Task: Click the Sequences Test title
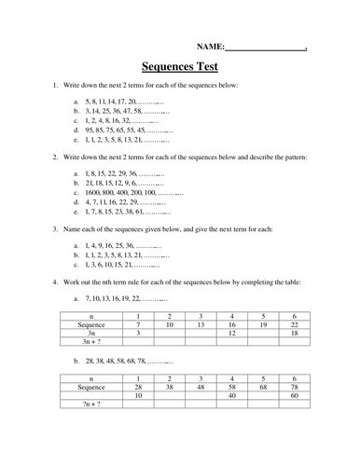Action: point(180,67)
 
